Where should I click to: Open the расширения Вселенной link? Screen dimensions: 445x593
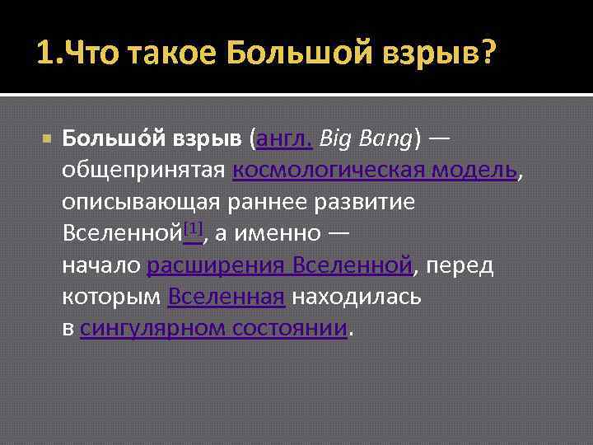[x=279, y=265]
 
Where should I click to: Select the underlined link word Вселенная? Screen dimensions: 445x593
[x=226, y=297]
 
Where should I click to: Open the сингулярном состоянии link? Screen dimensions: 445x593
[x=213, y=328]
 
